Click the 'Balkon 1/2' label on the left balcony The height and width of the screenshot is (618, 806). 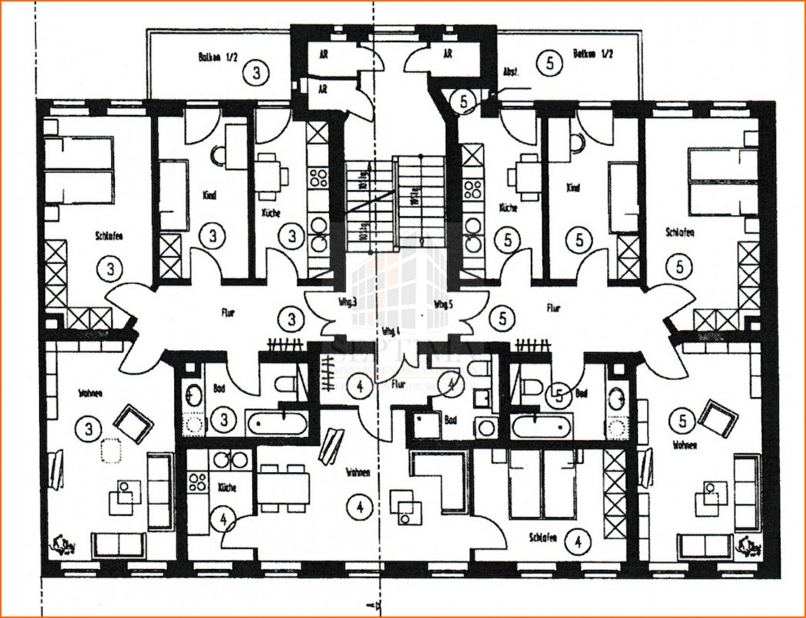click(217, 57)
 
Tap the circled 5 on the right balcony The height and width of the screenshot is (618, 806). click(550, 63)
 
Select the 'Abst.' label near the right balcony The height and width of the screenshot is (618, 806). click(511, 72)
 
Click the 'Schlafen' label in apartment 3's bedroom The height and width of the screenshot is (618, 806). click(109, 236)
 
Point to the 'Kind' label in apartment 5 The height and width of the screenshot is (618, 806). click(573, 188)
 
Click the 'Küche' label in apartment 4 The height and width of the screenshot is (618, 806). click(227, 487)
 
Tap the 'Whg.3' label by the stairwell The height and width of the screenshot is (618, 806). click(348, 302)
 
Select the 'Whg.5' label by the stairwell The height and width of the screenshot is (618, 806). click(443, 304)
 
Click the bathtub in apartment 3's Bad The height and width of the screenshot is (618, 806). click(277, 423)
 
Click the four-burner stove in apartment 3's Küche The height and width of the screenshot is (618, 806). click(318, 178)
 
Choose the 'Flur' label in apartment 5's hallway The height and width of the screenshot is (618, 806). click(553, 308)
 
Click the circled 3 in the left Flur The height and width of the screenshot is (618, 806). click(292, 319)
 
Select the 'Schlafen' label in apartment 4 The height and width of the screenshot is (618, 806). click(543, 538)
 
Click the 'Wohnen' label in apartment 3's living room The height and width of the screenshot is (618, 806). click(90, 393)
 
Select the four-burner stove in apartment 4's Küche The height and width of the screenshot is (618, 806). click(197, 482)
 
